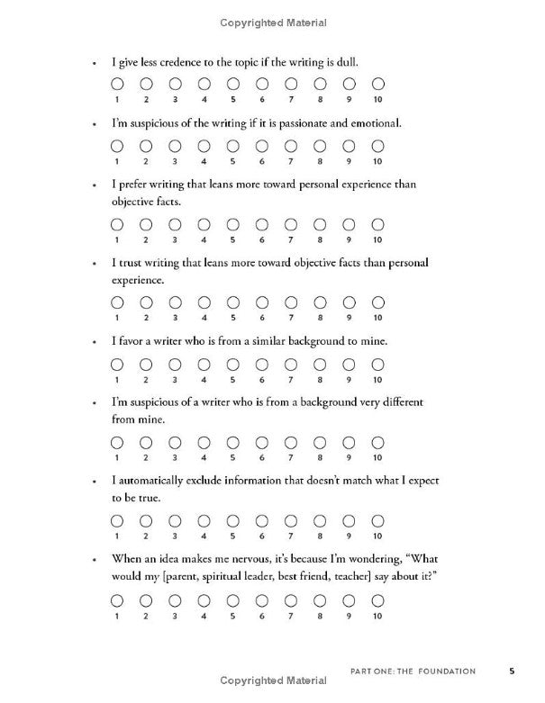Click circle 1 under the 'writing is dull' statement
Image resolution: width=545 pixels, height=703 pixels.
pos(116,83)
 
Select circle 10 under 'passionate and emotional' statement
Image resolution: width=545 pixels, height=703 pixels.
pos(377,146)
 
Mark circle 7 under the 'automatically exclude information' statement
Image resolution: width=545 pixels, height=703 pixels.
pos(290,520)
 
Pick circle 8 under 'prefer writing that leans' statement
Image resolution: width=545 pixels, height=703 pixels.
pos(320,224)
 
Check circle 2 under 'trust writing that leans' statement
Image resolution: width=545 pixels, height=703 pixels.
pos(145,302)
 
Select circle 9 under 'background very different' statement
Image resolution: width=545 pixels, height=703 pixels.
pos(349,442)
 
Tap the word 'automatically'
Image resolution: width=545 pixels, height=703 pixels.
pos(155,481)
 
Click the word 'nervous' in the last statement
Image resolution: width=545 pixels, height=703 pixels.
pos(257,559)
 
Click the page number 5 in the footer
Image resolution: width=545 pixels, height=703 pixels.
pos(512,670)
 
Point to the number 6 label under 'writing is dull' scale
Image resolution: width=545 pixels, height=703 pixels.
pos(261,99)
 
